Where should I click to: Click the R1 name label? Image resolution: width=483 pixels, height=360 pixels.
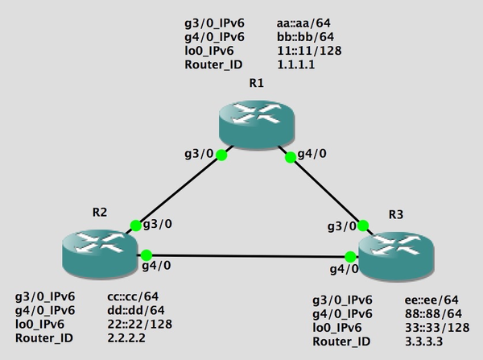[256, 83]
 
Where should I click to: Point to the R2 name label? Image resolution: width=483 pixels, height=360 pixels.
[101, 213]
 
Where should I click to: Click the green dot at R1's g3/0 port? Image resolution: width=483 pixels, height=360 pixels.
[221, 155]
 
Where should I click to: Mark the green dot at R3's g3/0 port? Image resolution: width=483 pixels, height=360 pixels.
[363, 225]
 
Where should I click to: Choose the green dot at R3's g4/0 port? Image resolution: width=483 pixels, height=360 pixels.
[350, 257]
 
